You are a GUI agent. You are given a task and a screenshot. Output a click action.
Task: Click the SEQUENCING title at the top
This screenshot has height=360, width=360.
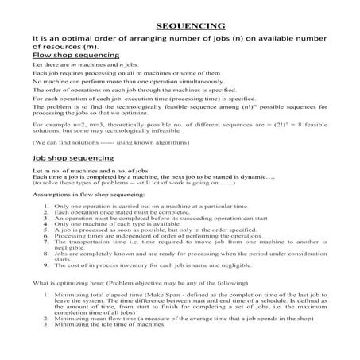click(180, 25)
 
